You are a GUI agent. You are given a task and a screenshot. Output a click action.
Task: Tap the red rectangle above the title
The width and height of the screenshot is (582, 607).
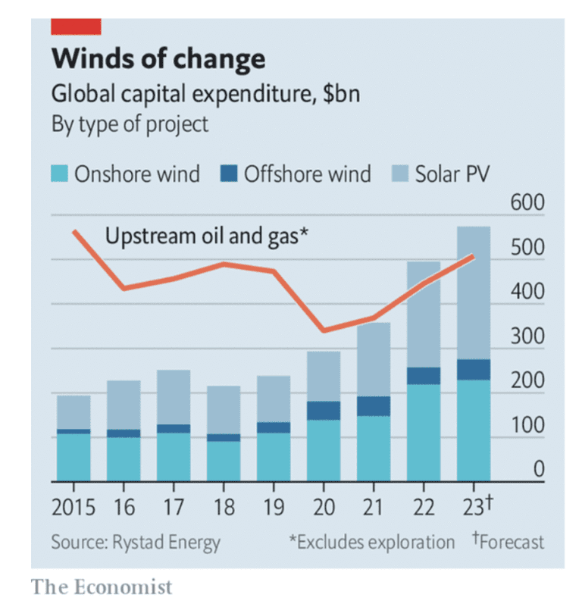pyautogui.click(x=75, y=27)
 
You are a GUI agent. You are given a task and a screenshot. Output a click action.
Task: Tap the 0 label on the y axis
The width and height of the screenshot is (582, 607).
pyautogui.click(x=538, y=470)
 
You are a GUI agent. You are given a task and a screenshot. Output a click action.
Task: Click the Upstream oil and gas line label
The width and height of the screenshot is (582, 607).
pyautogui.click(x=206, y=236)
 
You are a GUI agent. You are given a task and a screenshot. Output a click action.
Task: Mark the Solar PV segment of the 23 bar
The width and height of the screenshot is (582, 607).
pyautogui.click(x=474, y=292)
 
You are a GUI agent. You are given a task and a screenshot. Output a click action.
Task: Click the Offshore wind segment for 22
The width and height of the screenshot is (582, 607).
pyautogui.click(x=424, y=376)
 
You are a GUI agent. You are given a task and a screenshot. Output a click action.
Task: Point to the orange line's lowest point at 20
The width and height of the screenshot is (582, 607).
pyautogui.click(x=324, y=330)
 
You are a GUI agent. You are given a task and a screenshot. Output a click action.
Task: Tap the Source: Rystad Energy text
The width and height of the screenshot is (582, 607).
pyautogui.click(x=136, y=542)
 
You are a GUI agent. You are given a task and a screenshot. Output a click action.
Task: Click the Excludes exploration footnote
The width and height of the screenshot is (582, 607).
pyautogui.click(x=371, y=542)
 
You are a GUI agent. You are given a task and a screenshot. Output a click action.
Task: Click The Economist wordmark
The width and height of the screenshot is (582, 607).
pyautogui.click(x=102, y=587)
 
